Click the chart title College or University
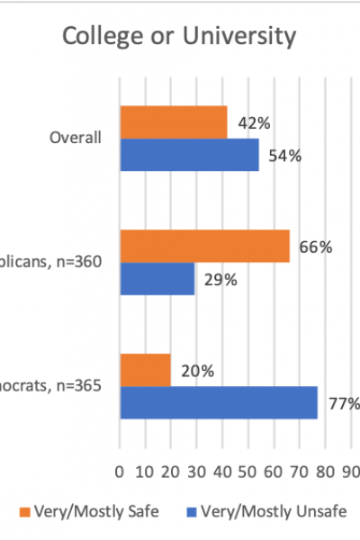click(178, 37)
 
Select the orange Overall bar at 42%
click(173, 121)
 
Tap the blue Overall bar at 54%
click(189, 155)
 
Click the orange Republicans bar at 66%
click(204, 246)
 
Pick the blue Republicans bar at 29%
click(157, 279)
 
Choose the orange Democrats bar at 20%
click(145, 370)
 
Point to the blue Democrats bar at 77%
click(219, 402)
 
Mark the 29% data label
click(220, 280)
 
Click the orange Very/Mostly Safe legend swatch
click(23, 511)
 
